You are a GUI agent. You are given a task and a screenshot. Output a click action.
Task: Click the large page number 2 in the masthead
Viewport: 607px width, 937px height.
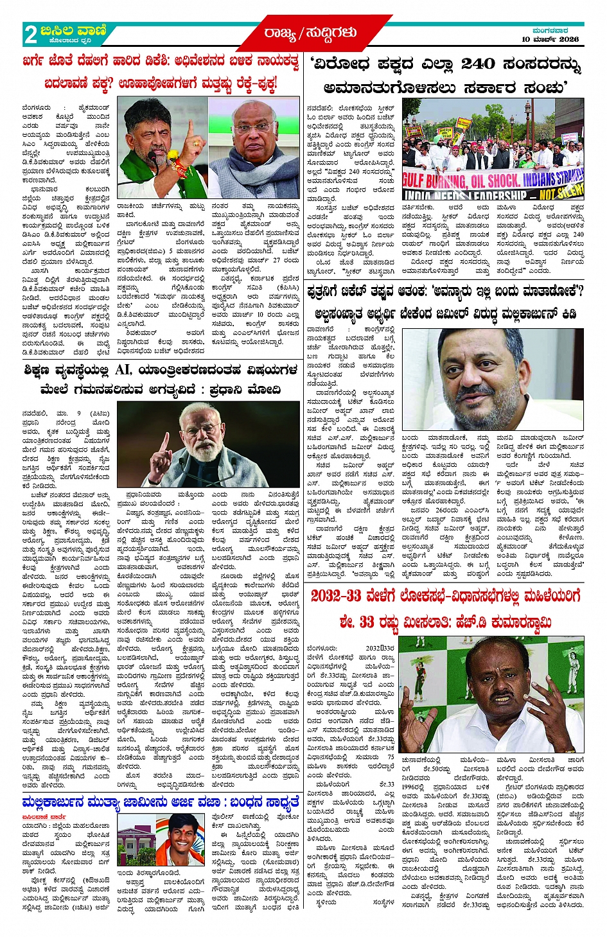click(x=30, y=34)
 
